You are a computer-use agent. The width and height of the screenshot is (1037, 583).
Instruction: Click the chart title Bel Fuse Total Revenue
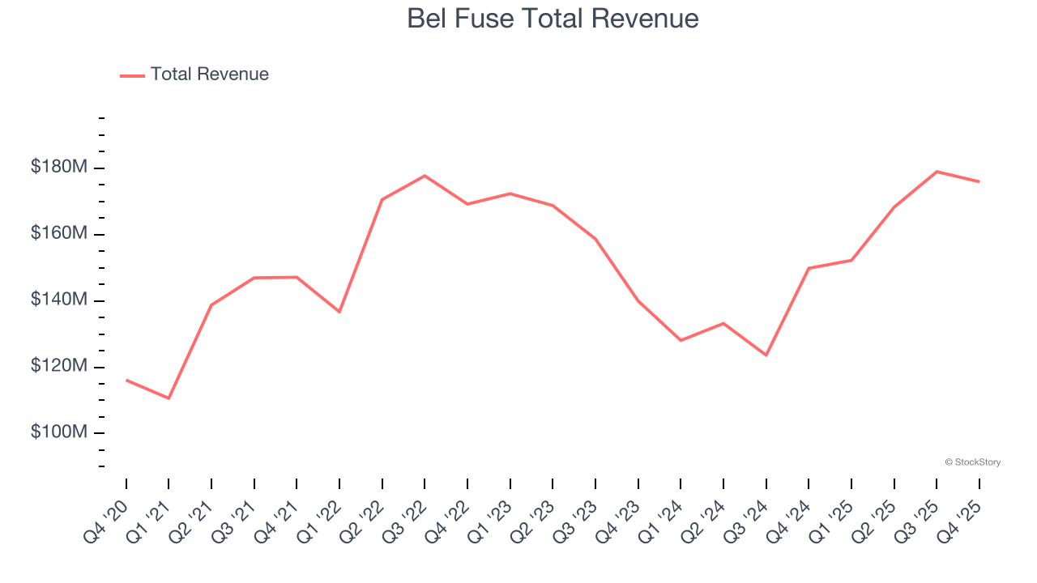553,19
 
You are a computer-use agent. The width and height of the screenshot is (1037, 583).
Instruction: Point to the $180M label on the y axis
58,168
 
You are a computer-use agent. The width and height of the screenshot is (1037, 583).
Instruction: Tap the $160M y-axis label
58,234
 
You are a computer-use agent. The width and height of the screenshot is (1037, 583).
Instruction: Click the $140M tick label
58,300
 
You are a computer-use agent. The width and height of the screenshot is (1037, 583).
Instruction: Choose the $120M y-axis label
58,367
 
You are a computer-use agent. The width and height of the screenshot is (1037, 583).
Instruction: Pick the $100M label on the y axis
58,432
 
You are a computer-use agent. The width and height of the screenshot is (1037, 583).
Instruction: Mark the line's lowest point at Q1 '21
169,398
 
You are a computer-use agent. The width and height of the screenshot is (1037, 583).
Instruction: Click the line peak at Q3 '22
425,176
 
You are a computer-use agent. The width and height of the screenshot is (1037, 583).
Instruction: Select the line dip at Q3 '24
766,355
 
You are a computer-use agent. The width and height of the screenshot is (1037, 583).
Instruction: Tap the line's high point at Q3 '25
937,172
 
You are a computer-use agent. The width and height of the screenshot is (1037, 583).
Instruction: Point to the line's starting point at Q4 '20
126,380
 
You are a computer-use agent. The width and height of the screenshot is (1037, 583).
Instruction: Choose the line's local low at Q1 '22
339,312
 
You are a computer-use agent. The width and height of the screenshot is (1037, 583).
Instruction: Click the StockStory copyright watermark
972,462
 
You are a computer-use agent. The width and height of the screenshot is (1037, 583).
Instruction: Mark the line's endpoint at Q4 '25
979,181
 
